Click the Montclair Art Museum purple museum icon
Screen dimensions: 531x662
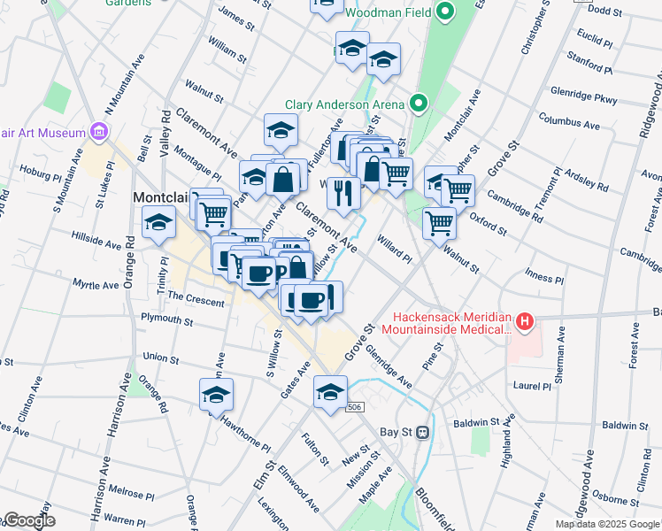pos(98,133)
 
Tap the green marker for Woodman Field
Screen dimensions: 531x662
pos(446,12)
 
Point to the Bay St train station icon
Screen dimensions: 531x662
pos(423,433)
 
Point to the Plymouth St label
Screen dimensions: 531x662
pos(166,319)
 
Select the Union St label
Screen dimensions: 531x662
pos(160,358)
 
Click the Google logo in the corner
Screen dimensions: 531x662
pos(28,520)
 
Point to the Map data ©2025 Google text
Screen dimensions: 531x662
pos(607,524)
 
